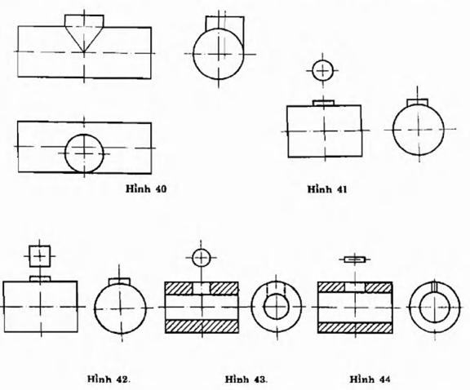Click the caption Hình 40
click(x=146, y=188)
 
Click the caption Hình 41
click(x=327, y=189)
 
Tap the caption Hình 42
click(x=109, y=379)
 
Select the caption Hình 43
click(x=246, y=379)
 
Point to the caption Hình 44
click(x=370, y=379)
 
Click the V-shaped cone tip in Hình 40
click(x=84, y=51)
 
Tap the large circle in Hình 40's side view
click(x=193, y=54)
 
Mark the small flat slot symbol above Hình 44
click(x=355, y=259)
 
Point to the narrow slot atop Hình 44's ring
click(x=434, y=286)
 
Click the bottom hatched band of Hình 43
click(x=202, y=326)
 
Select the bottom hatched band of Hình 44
click(x=355, y=328)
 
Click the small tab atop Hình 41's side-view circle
click(x=417, y=102)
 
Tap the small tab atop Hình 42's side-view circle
click(x=119, y=281)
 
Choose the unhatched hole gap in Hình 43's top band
click(x=202, y=289)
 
